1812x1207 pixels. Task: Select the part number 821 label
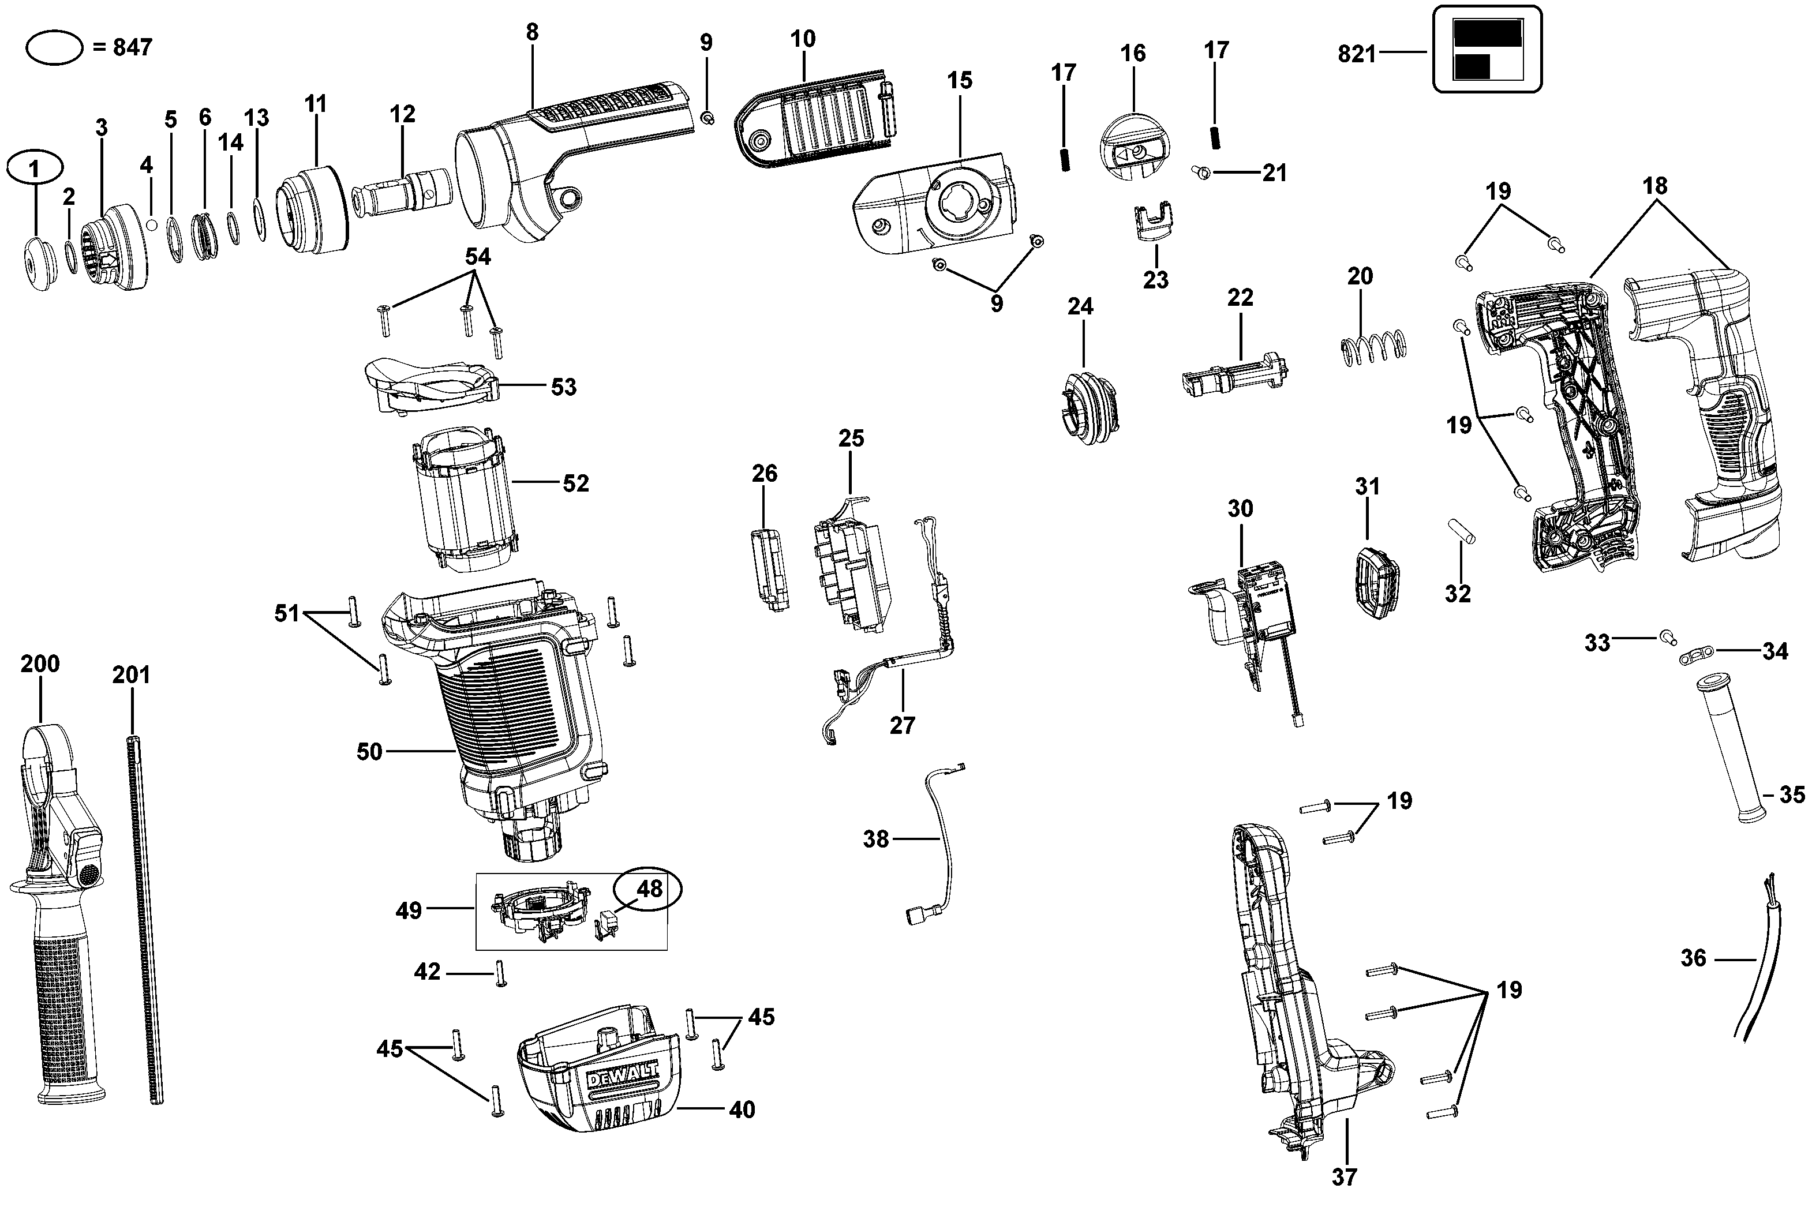pyautogui.click(x=1356, y=54)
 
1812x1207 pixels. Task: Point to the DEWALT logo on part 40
pyautogui.click(x=623, y=1076)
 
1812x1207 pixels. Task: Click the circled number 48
pyautogui.click(x=649, y=889)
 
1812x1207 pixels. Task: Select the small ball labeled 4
pyautogui.click(x=152, y=224)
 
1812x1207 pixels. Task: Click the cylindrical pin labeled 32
pyautogui.click(x=1460, y=531)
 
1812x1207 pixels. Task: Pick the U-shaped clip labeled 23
pyautogui.click(x=1155, y=223)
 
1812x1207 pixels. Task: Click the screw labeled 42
pyautogui.click(x=500, y=974)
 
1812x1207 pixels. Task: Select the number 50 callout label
pyautogui.click(x=369, y=751)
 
